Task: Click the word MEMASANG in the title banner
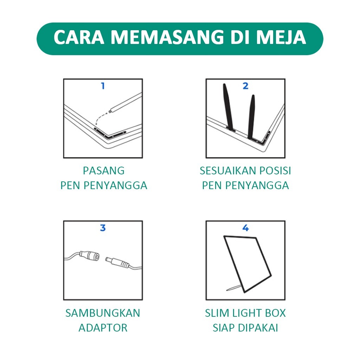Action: (167, 37)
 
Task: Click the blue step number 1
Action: (103, 86)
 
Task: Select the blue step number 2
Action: (245, 86)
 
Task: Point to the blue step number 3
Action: (103, 228)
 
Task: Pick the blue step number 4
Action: (245, 228)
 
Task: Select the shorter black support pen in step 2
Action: (251, 117)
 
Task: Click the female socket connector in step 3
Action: (90, 256)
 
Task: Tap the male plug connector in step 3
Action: (117, 263)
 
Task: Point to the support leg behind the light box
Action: (234, 288)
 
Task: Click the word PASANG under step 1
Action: (104, 171)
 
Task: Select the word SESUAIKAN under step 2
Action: (228, 171)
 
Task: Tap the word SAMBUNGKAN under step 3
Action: (103, 313)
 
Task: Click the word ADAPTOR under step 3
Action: (103, 328)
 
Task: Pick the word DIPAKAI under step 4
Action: (258, 328)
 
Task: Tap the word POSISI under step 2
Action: (275, 171)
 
